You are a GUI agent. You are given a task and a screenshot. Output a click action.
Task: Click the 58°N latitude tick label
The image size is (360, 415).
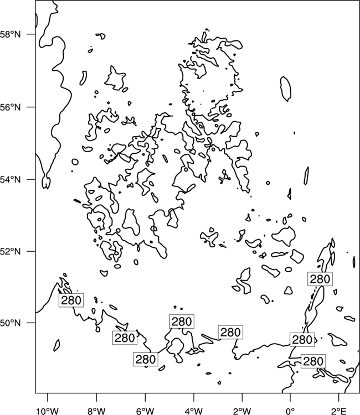(11, 34)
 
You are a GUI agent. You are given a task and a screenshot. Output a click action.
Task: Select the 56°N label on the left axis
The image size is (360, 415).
(11, 107)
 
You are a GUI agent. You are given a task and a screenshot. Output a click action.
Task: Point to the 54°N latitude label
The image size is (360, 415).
(11, 179)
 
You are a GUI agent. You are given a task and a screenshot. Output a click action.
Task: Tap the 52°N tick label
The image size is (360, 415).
(11, 251)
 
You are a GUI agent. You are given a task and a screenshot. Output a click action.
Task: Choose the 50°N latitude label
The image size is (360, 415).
(11, 323)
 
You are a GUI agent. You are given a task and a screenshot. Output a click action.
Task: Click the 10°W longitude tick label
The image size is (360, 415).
(48, 411)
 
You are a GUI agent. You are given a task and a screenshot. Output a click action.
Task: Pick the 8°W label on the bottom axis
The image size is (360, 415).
(96, 411)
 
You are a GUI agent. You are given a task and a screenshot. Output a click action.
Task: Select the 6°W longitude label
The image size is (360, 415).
(145, 411)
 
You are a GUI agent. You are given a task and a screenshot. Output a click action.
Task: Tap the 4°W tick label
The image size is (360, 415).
(194, 411)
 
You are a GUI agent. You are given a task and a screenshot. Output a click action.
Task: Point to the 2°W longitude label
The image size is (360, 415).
(242, 411)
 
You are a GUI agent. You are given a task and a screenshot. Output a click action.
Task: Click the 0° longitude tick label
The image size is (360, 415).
(291, 411)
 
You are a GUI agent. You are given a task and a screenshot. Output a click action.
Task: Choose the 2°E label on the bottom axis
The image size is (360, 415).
(339, 411)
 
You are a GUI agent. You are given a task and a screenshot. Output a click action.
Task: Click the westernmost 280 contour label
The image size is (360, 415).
(71, 300)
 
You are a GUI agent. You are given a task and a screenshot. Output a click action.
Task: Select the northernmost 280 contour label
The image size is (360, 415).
(320, 279)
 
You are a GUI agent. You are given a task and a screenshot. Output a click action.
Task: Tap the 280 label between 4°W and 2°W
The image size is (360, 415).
(230, 332)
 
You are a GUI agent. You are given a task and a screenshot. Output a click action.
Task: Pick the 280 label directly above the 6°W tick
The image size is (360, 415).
(146, 360)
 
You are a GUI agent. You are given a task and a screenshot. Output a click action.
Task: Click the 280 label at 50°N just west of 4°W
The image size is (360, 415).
(182, 321)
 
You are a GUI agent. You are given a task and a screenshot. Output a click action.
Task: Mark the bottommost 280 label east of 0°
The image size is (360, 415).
(313, 361)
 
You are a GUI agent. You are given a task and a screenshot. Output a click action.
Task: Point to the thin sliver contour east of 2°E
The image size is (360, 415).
(354, 262)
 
